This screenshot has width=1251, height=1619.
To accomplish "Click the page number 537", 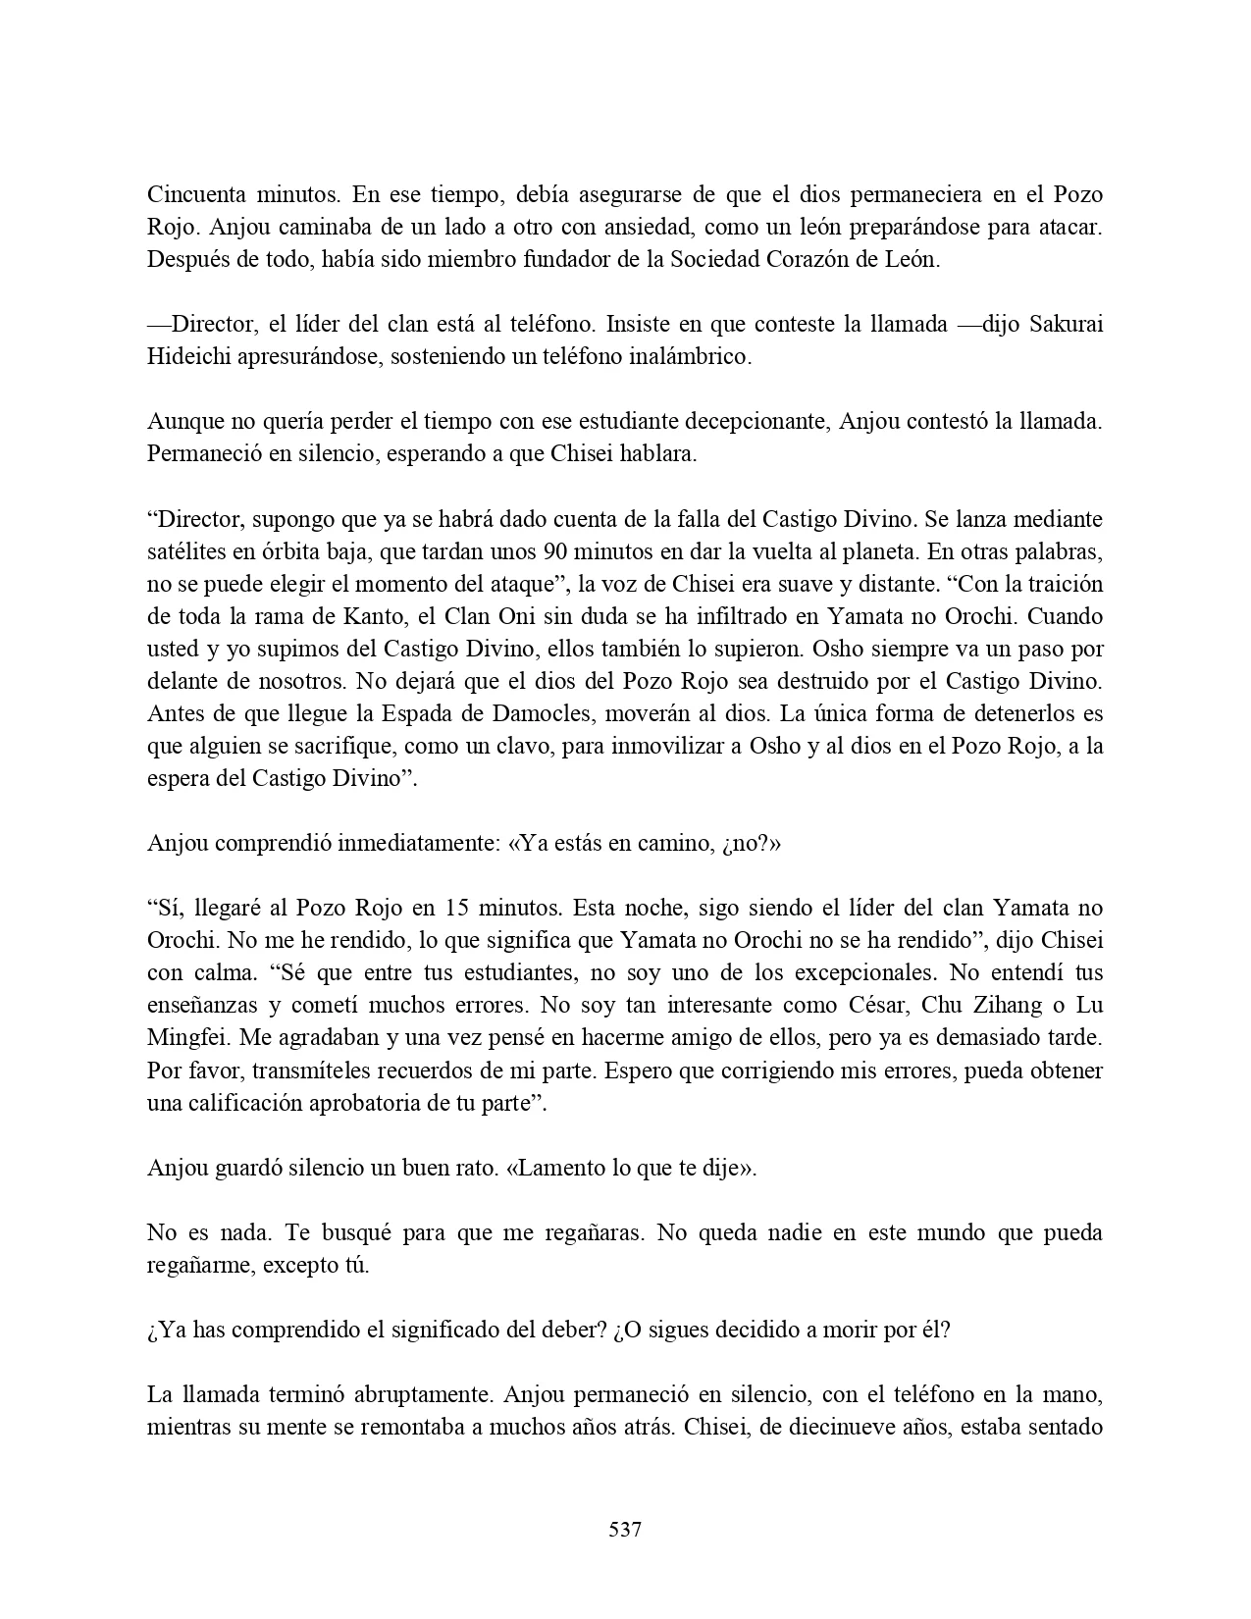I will tap(625, 1529).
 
